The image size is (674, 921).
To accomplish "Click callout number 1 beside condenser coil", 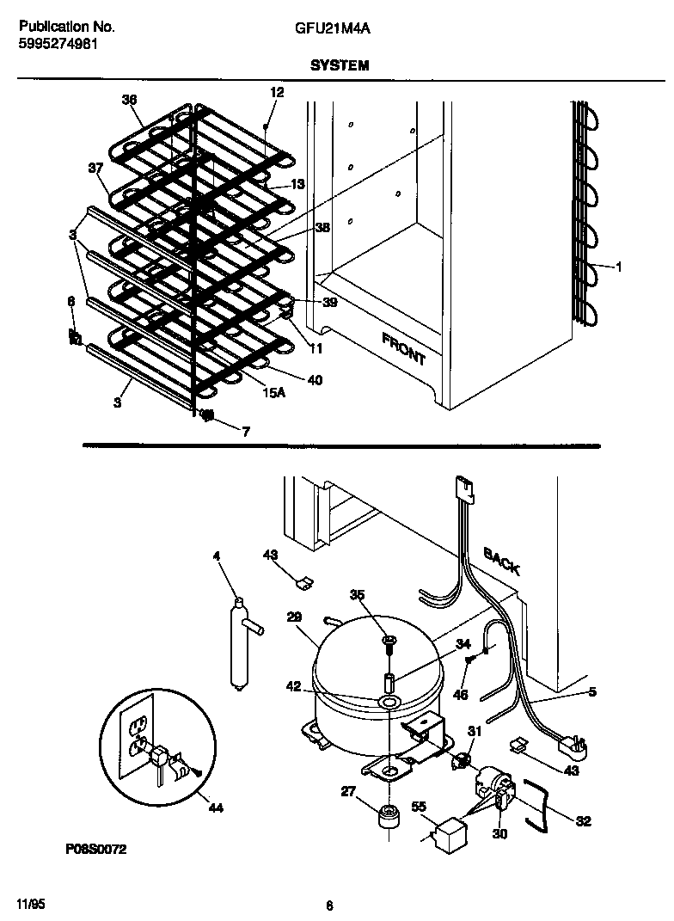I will coord(618,267).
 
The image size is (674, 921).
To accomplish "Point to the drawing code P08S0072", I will coord(96,850).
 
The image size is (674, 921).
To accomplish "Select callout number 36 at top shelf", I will coord(130,101).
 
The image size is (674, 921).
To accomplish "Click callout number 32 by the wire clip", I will coord(583,821).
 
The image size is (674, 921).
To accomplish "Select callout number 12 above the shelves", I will coord(276,92).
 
